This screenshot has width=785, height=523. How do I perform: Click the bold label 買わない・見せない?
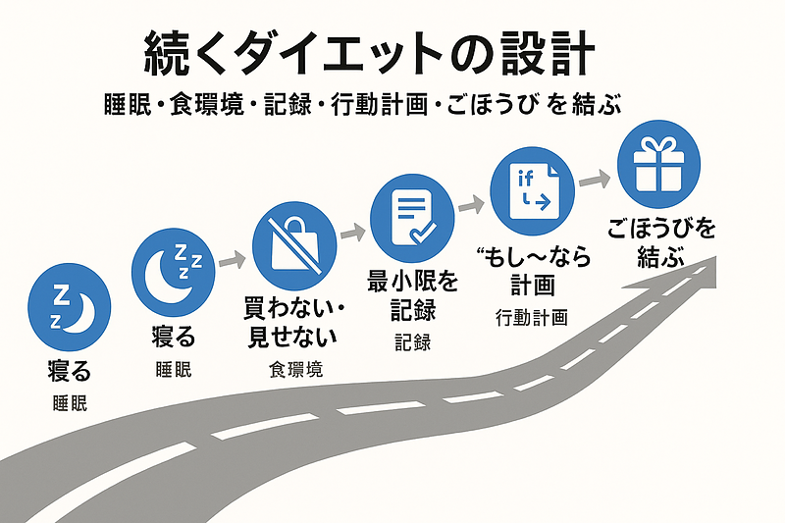[292, 321]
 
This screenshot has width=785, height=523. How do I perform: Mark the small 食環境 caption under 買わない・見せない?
[294, 370]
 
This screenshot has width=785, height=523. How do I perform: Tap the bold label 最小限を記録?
[413, 296]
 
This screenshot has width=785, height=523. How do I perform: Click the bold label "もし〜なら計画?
[533, 271]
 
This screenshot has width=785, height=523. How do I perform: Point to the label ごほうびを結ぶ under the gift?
[659, 241]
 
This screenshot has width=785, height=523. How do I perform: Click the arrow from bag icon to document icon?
[352, 234]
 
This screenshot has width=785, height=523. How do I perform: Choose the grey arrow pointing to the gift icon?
[591, 181]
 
